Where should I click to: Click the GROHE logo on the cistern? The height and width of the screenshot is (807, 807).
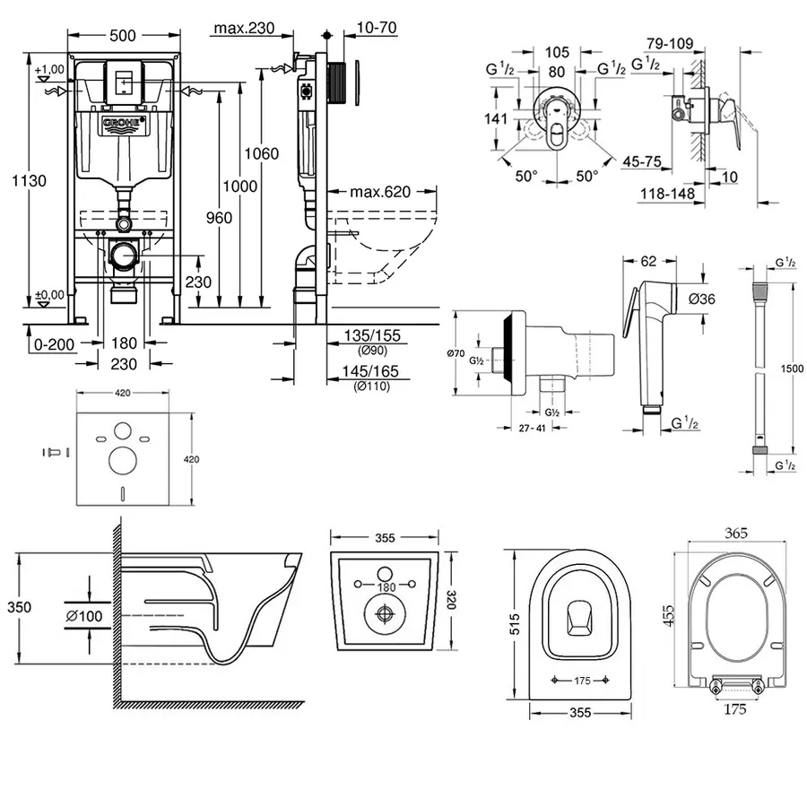click(123, 123)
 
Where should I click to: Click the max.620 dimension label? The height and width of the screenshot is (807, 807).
click(379, 191)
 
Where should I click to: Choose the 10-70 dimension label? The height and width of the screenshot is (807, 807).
click(376, 28)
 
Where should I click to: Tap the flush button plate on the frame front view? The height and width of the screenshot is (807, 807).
click(123, 78)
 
